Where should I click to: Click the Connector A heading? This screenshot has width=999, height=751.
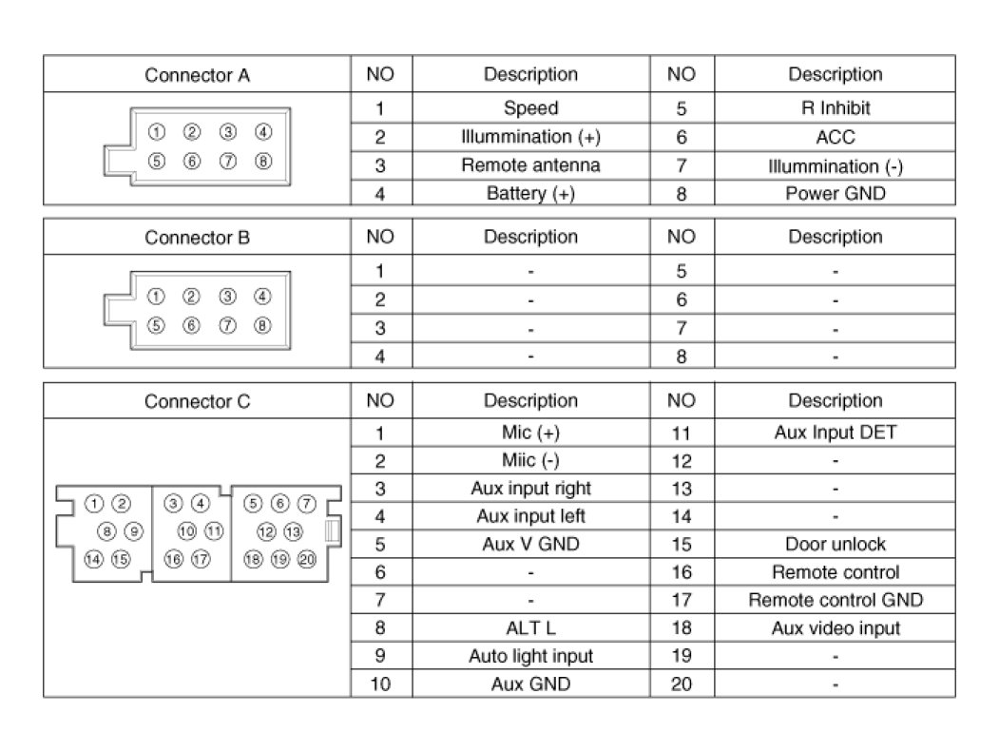[x=197, y=74]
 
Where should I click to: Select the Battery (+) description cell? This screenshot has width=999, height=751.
[x=530, y=194]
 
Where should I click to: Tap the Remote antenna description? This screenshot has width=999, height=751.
[x=530, y=165]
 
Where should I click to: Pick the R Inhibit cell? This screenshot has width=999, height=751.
[x=835, y=108]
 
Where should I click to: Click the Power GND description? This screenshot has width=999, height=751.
[x=835, y=194]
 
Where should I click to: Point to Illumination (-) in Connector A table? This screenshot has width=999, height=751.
[x=835, y=166]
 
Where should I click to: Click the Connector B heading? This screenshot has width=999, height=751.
[x=197, y=237]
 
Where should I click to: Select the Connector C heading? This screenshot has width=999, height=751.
[x=197, y=401]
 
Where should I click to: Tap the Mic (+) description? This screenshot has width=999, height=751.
[x=530, y=433]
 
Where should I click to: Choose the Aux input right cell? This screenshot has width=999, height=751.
[x=530, y=489]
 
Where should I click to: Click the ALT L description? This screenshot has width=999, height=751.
[x=530, y=628]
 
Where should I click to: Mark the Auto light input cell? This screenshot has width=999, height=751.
[x=530, y=656]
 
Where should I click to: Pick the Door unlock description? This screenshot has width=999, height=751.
[x=835, y=545]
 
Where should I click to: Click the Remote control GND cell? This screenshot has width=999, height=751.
[x=835, y=600]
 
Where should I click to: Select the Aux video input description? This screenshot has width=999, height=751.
[x=835, y=628]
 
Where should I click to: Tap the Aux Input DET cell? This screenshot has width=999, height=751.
[x=835, y=433]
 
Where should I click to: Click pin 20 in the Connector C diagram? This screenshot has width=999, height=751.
[x=306, y=559]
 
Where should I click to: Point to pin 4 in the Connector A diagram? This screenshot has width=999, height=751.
[x=263, y=132]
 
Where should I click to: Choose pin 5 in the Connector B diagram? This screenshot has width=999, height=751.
[x=157, y=325]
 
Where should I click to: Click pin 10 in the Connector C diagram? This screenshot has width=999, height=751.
[x=186, y=531]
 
